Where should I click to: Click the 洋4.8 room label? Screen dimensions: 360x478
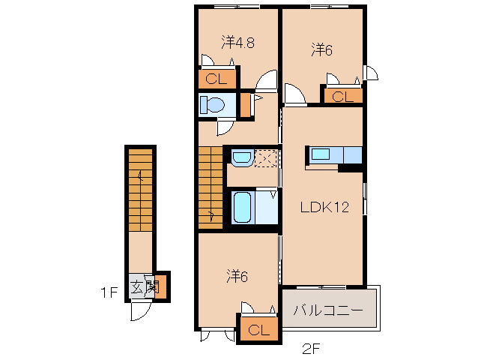coord(238,43)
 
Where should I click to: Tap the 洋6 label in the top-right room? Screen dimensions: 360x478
coord(322,49)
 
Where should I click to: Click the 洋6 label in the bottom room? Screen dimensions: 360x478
coord(237,276)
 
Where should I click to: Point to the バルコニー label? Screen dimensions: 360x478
coord(327,309)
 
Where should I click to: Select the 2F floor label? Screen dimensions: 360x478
coord(312,346)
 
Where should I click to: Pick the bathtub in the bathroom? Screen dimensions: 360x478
coord(241,207)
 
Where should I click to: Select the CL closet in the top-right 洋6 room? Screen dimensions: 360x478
coord(342,95)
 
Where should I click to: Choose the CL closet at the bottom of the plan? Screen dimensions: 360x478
coord(256,329)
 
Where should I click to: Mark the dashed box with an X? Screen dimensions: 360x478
coord(266,158)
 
